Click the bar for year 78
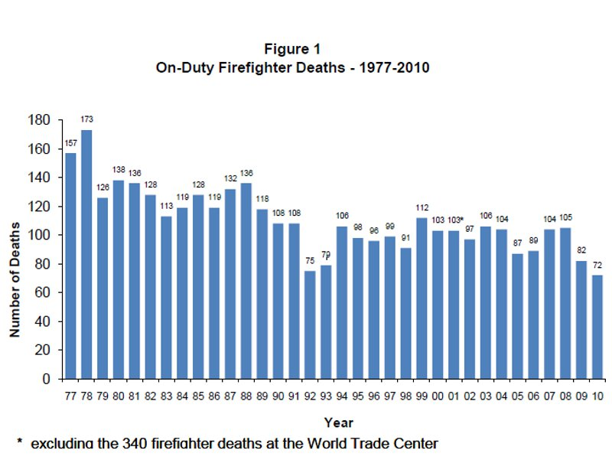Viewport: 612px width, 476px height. coord(86,254)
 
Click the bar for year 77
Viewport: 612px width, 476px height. coord(71,266)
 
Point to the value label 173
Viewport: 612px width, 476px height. coord(87,119)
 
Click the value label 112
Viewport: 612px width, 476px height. coord(421,207)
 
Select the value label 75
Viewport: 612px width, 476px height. coord(309,260)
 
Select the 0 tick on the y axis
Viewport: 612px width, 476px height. coord(47,379)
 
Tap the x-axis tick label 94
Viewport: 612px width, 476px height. coord(341,396)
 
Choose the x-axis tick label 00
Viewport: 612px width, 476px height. coord(437,396)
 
